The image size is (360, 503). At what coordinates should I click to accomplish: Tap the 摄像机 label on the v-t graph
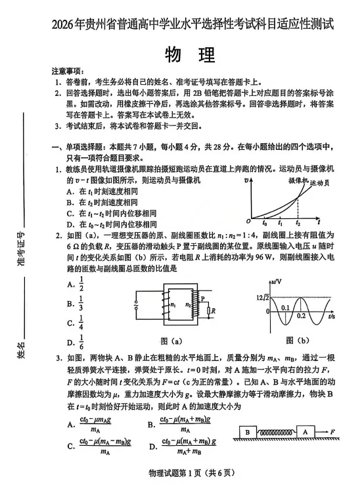[298, 180]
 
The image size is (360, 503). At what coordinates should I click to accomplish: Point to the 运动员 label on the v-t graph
[319, 183]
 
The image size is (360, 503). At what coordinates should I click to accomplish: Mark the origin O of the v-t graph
[248, 221]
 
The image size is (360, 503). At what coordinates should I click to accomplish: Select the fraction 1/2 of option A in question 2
[81, 283]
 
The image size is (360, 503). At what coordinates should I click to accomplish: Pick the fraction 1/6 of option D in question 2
[81, 342]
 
